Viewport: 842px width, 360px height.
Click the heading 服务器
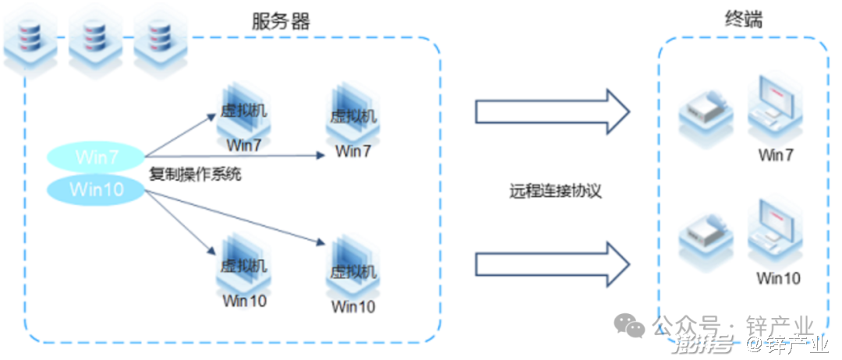pyautogui.click(x=281, y=21)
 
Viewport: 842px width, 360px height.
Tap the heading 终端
pyautogui.click(x=741, y=19)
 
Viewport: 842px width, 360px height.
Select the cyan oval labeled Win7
pyautogui.click(x=97, y=157)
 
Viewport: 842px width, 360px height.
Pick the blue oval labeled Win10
pyautogui.click(x=97, y=189)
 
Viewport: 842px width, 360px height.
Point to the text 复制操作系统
pyautogui.click(x=195, y=175)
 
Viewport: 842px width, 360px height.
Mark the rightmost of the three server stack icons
pyautogui.click(x=158, y=40)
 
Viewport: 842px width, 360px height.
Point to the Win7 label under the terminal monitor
pyautogui.click(x=776, y=155)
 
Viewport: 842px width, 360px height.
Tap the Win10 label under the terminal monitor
pyautogui.click(x=778, y=278)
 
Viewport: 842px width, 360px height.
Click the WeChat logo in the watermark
pyautogui.click(x=629, y=327)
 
